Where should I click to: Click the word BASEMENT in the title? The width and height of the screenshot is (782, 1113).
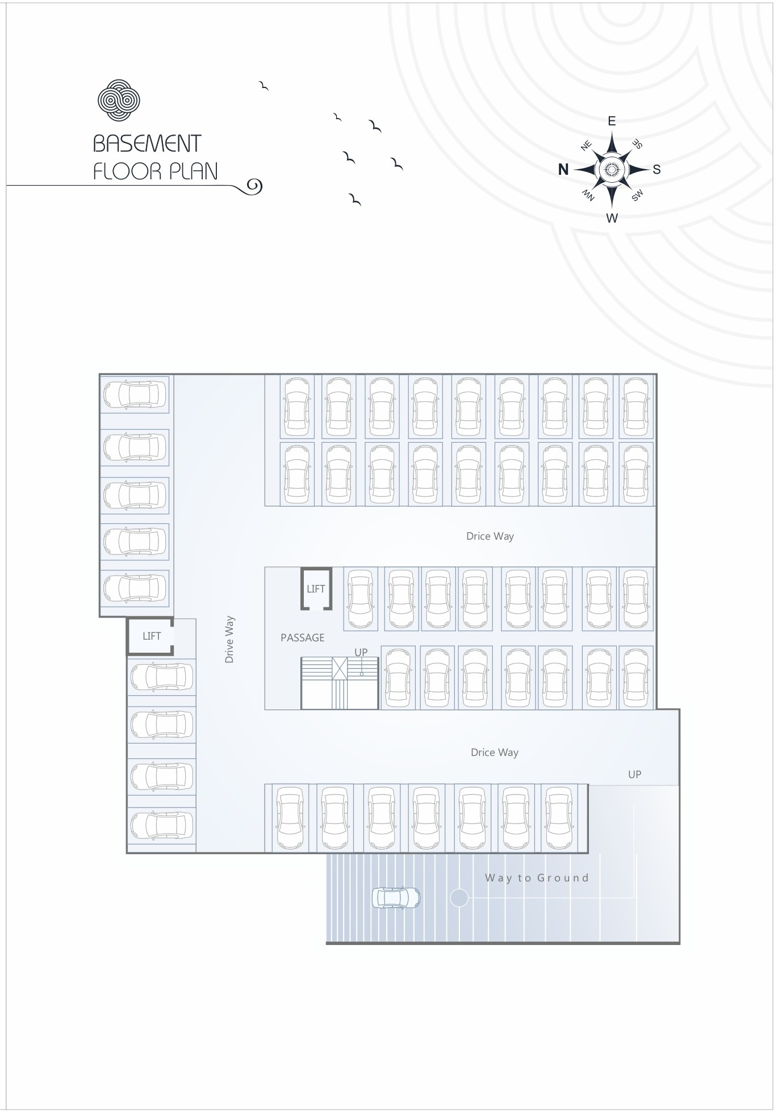tap(147, 144)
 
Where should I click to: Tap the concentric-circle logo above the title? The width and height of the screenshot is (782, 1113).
tap(119, 100)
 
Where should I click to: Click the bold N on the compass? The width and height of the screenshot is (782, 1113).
tap(563, 169)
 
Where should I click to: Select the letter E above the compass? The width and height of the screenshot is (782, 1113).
tap(612, 121)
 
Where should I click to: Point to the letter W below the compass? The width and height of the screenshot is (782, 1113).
tap(612, 219)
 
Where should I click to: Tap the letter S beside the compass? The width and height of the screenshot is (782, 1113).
tap(656, 169)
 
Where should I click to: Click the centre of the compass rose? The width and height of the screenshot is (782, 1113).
tap(612, 169)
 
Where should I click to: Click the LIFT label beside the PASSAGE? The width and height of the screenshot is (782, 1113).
tap(316, 589)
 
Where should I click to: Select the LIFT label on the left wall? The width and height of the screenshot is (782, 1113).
tap(152, 636)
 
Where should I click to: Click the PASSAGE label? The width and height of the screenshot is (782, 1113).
tap(303, 638)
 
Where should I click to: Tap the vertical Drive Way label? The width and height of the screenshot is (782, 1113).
tap(229, 640)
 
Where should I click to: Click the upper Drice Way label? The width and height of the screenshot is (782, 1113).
tap(490, 536)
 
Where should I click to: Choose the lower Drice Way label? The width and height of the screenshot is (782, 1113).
tap(495, 753)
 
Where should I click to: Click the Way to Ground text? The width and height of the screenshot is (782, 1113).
tap(537, 878)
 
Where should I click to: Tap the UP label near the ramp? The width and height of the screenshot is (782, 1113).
tap(634, 775)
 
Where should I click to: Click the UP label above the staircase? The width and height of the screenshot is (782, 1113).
tap(361, 653)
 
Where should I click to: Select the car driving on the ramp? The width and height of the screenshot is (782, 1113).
tap(396, 898)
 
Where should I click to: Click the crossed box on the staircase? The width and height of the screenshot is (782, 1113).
tap(340, 669)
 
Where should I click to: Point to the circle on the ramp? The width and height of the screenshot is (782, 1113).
tap(459, 898)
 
